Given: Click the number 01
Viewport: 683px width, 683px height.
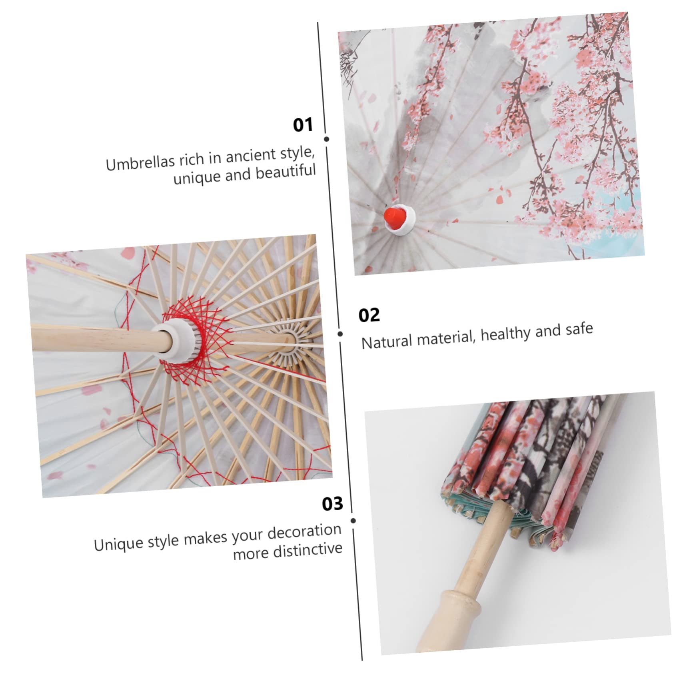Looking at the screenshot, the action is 303,125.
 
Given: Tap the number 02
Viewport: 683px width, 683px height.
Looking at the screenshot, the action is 369,315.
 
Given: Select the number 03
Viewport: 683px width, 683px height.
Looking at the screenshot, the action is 332,504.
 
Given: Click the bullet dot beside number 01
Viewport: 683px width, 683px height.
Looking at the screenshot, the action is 327,139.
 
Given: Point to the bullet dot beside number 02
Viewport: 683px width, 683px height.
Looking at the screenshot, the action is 340,334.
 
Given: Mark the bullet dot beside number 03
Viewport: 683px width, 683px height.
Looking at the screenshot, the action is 353,521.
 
